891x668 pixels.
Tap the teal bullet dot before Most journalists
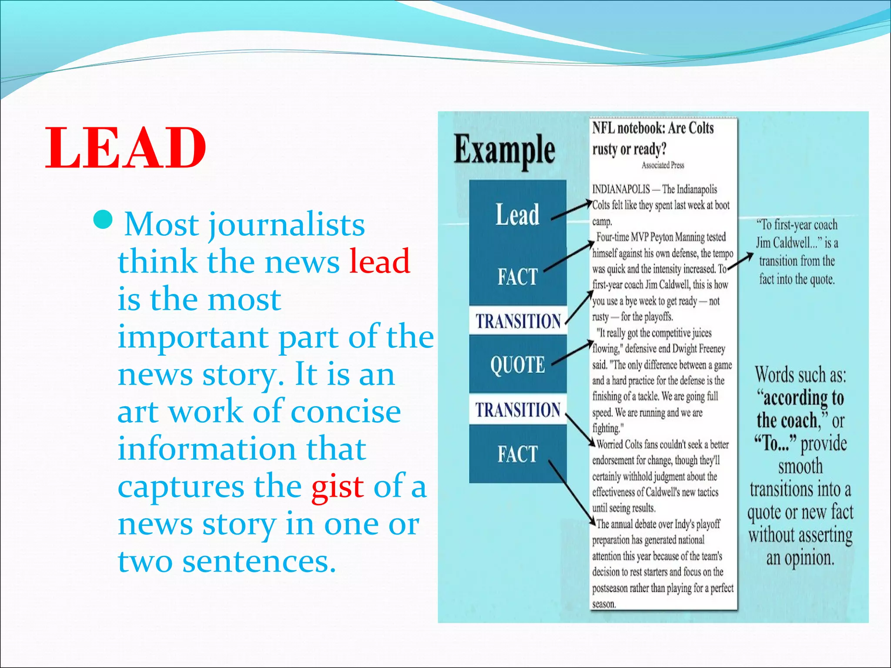coord(103,220)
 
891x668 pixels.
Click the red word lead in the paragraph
coord(379,261)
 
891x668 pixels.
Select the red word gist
coord(337,487)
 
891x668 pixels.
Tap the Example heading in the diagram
coord(504,150)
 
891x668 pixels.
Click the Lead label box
coord(517,214)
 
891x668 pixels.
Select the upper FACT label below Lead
coord(517,277)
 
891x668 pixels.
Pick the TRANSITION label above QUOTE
coord(518,321)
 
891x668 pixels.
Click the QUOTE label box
coord(517,364)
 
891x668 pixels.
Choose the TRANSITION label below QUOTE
coord(517,410)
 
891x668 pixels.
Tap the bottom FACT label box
coord(517,454)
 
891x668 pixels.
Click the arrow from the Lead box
coord(571,210)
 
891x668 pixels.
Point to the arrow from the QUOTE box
coord(571,354)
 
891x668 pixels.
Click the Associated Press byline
coord(663,165)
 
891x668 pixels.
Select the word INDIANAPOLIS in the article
coord(621,189)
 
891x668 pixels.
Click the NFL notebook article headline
coord(653,138)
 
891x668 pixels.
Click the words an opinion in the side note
coord(800,558)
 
